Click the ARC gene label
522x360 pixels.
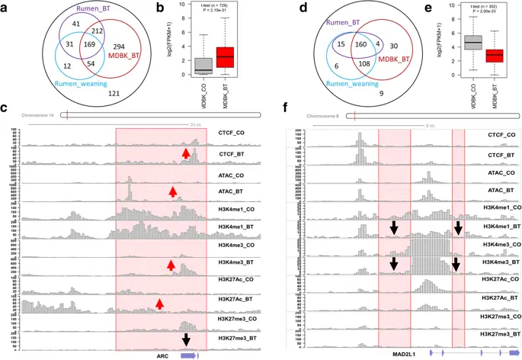(x=162, y=355)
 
